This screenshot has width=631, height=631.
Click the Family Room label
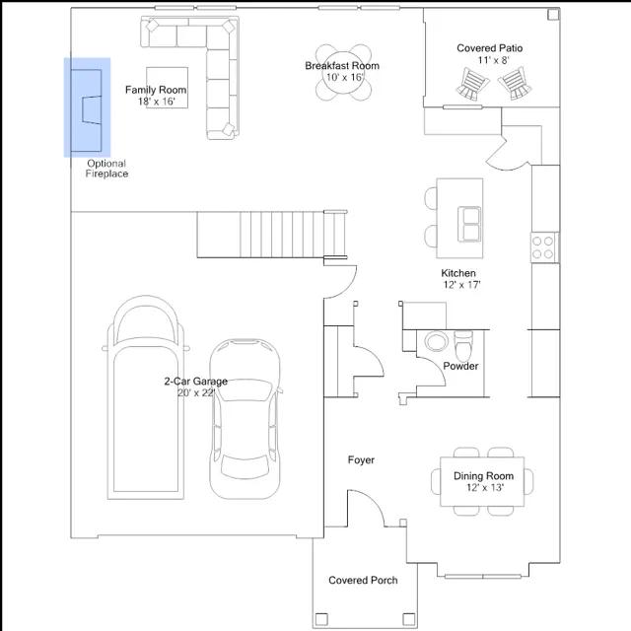point(156,90)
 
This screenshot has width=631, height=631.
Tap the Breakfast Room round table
point(343,73)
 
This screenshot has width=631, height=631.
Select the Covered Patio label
point(489,48)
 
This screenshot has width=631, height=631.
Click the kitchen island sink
point(469,224)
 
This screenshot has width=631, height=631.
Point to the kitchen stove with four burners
point(543,247)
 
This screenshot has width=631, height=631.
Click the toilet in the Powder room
point(463,346)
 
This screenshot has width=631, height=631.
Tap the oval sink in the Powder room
point(436,341)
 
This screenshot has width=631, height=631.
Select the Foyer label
point(361,459)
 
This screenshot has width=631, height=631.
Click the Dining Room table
point(482,481)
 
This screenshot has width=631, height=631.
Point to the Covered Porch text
point(363,581)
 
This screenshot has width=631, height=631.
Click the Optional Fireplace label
point(106,169)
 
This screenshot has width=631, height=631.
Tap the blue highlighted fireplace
point(87,107)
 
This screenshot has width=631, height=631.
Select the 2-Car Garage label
point(196,382)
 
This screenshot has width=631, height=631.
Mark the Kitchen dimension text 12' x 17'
point(462,285)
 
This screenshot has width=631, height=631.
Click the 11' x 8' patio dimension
point(494,60)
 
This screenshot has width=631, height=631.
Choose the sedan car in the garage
point(245,419)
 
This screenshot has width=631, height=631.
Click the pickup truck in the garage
point(146,397)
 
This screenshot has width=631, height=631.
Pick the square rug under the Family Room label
point(167,88)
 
